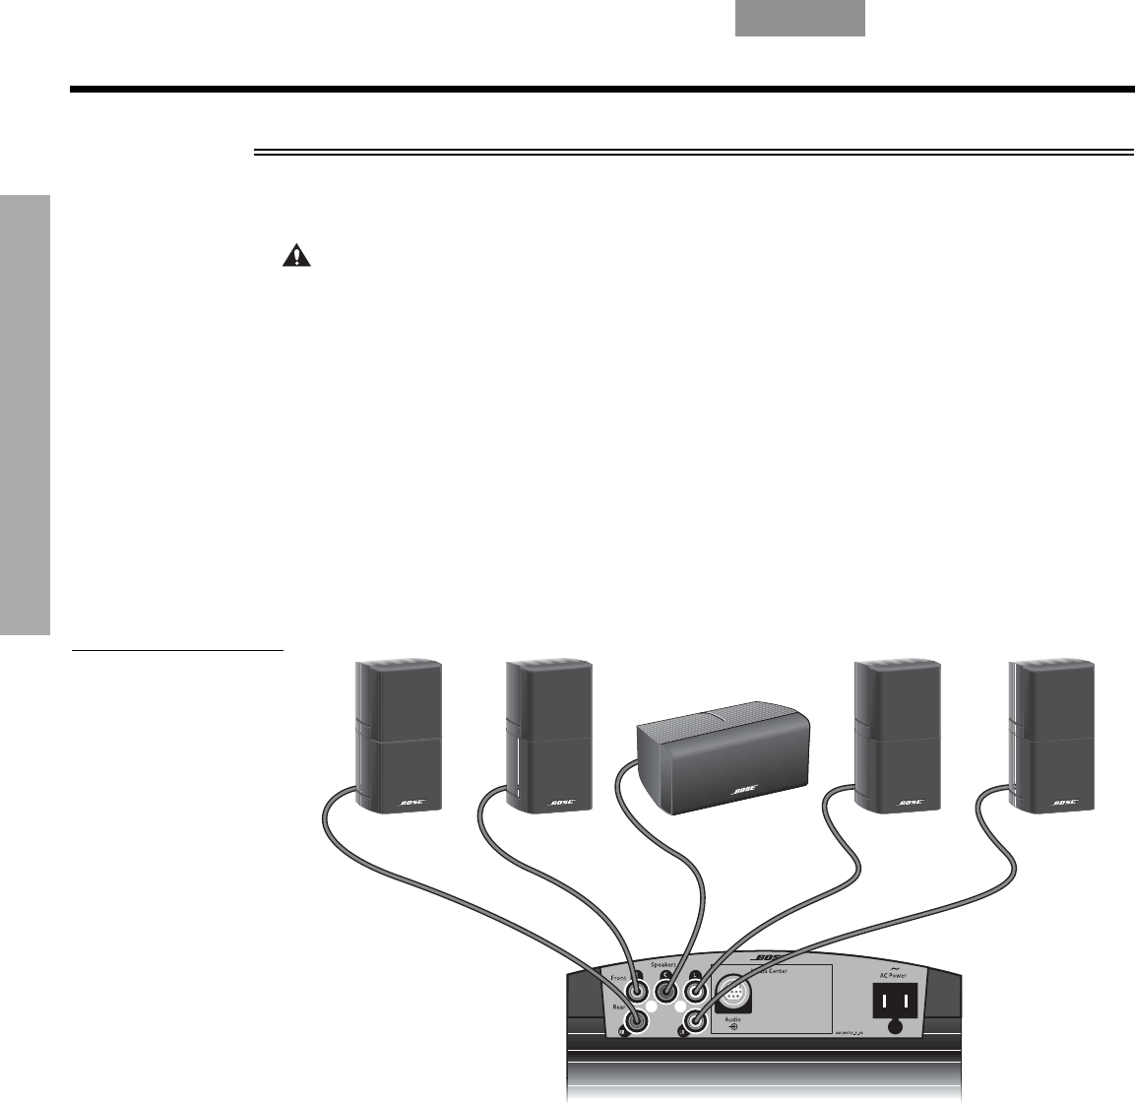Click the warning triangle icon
294,257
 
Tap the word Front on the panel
619,978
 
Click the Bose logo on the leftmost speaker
411,804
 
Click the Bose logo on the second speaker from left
564,804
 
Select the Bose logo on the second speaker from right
913,804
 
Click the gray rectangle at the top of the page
800,19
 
